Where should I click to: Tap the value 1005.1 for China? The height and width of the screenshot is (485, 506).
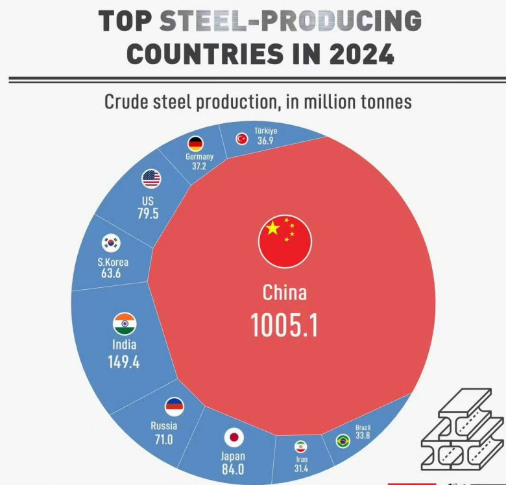(x=284, y=326)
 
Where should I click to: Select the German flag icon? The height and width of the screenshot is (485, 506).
(x=195, y=143)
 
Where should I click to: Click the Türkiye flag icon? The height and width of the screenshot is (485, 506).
(x=242, y=138)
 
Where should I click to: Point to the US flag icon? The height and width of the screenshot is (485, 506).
(x=151, y=179)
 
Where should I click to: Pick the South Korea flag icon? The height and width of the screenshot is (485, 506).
(x=111, y=243)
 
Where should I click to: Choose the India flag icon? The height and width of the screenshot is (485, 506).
(x=124, y=324)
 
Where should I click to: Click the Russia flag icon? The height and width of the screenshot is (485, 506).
(x=174, y=407)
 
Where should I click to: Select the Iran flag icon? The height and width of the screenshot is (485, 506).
(x=300, y=447)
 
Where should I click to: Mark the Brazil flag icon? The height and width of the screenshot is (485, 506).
(x=343, y=441)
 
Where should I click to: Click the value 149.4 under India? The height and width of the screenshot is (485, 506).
(x=124, y=362)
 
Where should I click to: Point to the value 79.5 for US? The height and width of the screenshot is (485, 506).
(x=148, y=214)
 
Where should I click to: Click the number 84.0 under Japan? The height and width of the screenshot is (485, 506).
(x=233, y=469)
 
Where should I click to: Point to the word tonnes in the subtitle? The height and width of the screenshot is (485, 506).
(x=385, y=102)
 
